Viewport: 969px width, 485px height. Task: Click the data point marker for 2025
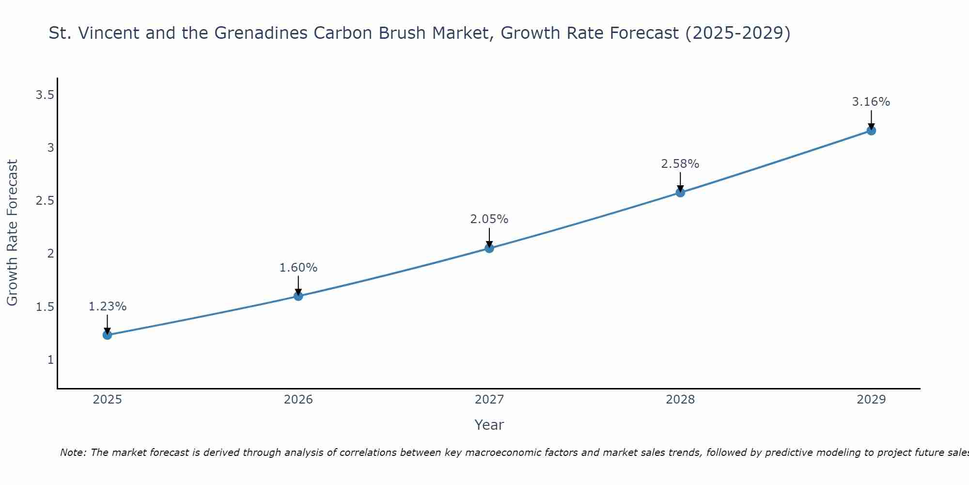click(107, 335)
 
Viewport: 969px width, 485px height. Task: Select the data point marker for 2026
click(298, 296)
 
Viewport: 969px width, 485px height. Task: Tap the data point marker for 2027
click(489, 248)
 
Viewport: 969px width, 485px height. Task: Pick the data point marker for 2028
click(680, 193)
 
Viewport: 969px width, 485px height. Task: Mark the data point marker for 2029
click(871, 130)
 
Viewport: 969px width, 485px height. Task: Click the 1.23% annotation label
click(108, 307)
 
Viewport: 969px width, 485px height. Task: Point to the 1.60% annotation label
click(298, 268)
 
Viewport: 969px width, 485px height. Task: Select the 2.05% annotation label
click(489, 219)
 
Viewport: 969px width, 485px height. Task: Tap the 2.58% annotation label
click(680, 164)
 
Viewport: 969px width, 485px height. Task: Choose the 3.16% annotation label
click(871, 102)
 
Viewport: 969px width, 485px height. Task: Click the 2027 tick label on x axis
click(489, 400)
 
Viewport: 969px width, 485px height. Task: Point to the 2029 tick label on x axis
click(871, 400)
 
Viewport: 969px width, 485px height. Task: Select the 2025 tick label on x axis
click(108, 400)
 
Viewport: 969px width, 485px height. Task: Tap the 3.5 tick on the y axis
click(45, 95)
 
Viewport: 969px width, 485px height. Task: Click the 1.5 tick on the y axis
click(45, 307)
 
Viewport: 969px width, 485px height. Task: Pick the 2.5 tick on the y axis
click(45, 201)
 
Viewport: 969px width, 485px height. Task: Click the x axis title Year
click(489, 425)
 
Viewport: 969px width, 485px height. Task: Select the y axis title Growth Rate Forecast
click(12, 233)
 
